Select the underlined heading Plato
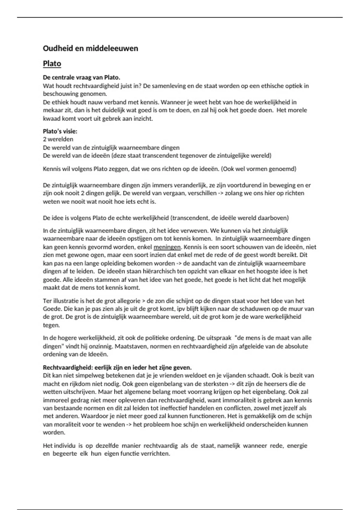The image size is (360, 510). click(52, 64)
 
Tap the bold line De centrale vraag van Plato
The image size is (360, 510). click(81, 78)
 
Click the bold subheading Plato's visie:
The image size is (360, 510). click(60, 131)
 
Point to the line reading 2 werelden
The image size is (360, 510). click(58, 139)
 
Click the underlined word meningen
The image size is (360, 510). click(167, 247)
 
